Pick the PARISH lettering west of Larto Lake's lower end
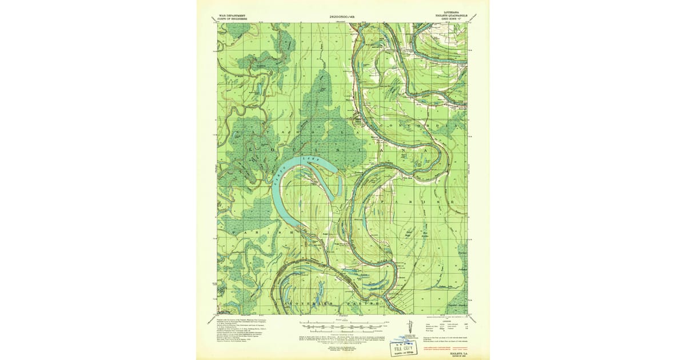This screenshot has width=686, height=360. [x=255, y=234]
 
